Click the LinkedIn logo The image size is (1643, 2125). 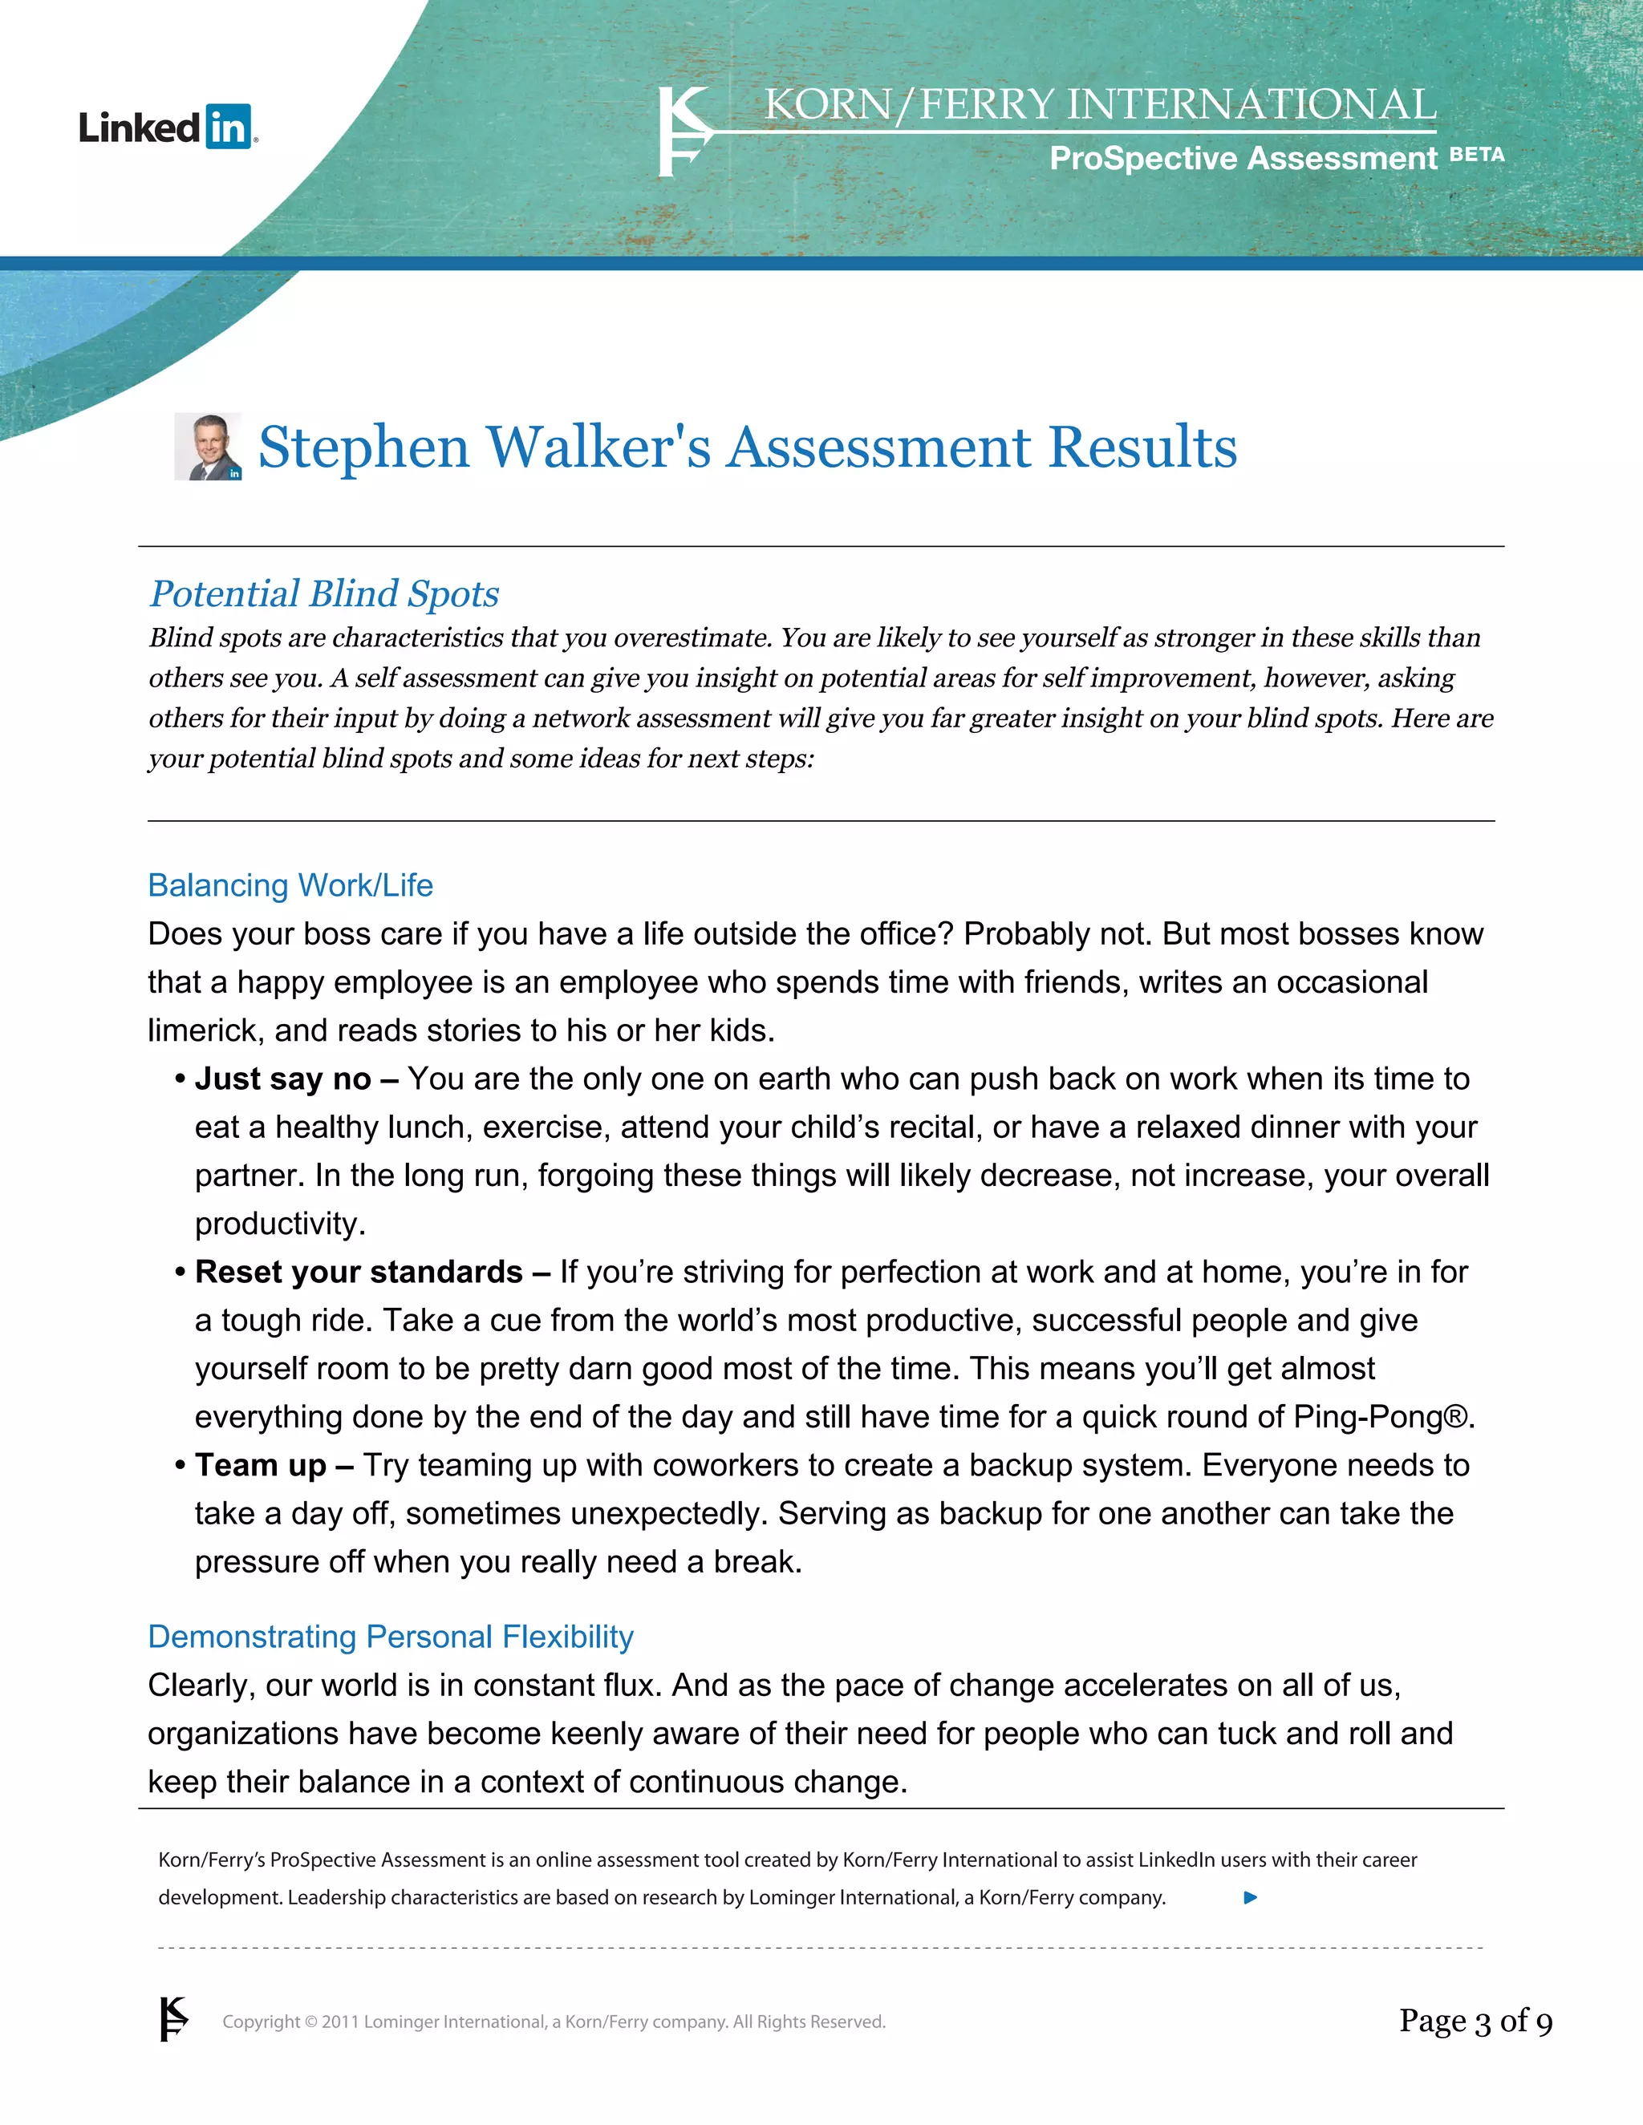click(168, 127)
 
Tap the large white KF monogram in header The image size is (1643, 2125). click(684, 132)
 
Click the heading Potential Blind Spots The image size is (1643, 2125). click(324, 593)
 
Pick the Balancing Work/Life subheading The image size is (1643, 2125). click(290, 885)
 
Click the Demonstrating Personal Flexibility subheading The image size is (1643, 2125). click(391, 1637)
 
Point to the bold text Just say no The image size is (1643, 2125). click(282, 1079)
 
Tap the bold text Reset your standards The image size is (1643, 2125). click(358, 1273)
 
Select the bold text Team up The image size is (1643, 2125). click(260, 1465)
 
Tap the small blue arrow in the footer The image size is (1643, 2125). click(1251, 1897)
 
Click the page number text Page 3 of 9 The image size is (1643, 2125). click(1475, 2021)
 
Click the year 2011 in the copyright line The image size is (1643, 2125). click(341, 2022)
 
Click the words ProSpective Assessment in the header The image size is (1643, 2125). click(1242, 158)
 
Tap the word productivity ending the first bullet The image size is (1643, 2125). click(278, 1224)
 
